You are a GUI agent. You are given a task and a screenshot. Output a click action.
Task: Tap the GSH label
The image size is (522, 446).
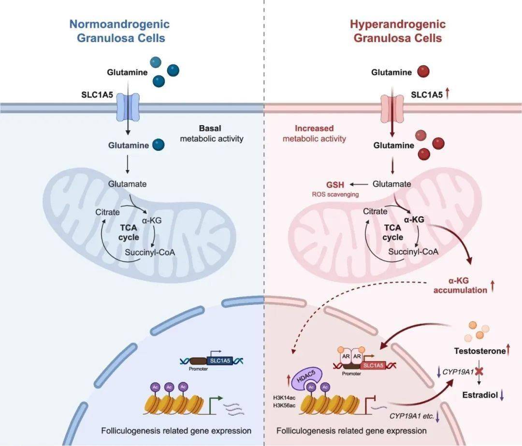335,185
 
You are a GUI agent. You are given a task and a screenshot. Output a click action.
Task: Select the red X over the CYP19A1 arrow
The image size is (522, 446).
479,372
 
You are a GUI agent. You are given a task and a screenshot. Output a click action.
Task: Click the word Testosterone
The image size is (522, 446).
480,351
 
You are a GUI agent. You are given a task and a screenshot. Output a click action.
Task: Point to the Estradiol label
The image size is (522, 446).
480,395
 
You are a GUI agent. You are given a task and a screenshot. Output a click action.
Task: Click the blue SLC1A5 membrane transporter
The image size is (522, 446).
128,107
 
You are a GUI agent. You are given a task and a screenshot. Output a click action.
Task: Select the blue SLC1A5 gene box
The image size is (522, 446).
220,360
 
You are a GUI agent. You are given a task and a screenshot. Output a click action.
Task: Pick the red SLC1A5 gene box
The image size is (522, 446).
373,365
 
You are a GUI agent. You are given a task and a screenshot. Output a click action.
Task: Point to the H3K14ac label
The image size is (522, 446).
284,398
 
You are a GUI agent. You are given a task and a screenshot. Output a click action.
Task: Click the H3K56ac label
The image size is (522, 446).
284,405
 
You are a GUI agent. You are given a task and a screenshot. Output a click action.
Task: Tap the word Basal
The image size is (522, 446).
210,129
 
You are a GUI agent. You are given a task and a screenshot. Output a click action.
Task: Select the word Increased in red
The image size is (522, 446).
314,129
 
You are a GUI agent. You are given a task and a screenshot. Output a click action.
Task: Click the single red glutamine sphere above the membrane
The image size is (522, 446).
423,71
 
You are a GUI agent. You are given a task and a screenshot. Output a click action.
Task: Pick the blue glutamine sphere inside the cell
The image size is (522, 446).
159,145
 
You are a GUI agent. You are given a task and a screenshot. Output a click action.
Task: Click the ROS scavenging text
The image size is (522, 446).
335,194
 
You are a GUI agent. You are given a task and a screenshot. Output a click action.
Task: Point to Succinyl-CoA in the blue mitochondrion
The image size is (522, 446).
150,253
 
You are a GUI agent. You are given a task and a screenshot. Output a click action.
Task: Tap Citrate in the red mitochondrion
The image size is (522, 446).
375,211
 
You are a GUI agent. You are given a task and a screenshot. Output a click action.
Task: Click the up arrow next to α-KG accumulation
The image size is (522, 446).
493,286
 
